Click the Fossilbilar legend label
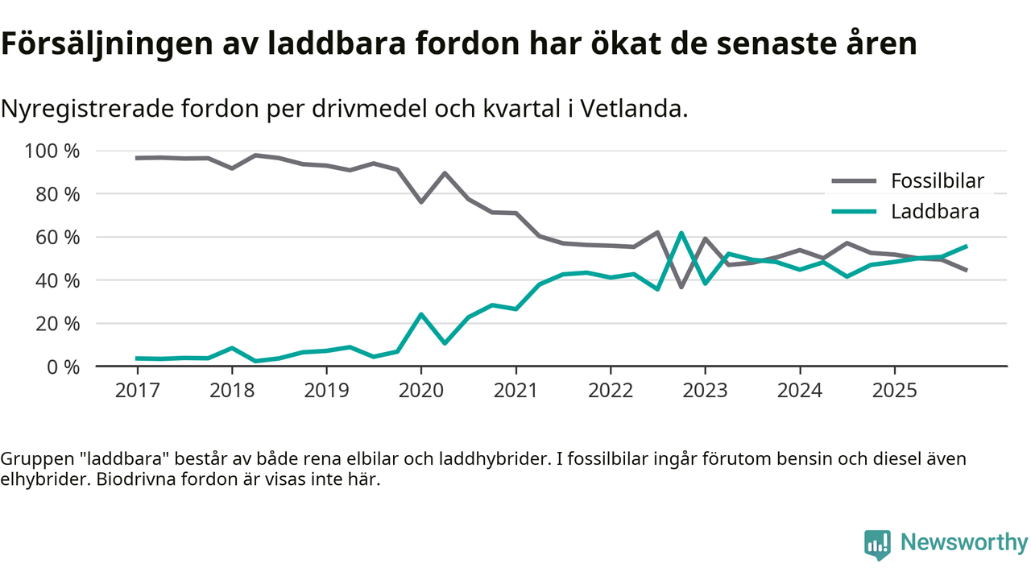pos(937,180)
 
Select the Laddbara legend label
pos(934,212)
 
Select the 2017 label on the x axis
pos(137,391)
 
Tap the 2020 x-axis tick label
pos(420,391)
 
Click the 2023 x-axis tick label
pos(705,391)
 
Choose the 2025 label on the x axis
pos(894,391)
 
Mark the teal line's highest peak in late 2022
pos(681,233)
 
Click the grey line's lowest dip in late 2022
pos(681,287)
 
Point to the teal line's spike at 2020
pos(420,314)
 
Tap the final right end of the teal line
pos(966,246)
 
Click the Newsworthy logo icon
pos(877,544)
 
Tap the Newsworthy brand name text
pos(963,543)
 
